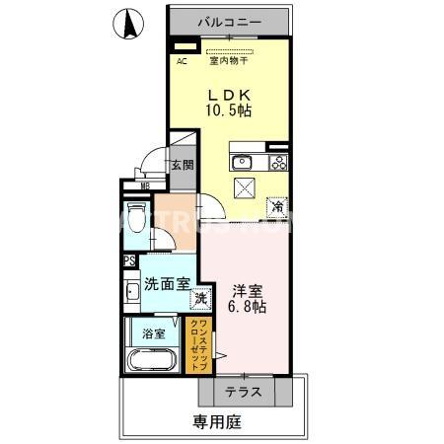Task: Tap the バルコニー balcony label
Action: click(229, 20)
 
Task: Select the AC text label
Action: click(183, 61)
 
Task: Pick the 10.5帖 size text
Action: click(228, 111)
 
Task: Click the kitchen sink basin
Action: click(242, 163)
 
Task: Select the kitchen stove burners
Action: click(278, 163)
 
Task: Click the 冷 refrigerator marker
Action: click(278, 208)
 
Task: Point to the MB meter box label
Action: click(145, 185)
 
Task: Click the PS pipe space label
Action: click(129, 261)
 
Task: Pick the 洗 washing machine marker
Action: click(199, 298)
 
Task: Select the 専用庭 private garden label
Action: click(216, 423)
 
